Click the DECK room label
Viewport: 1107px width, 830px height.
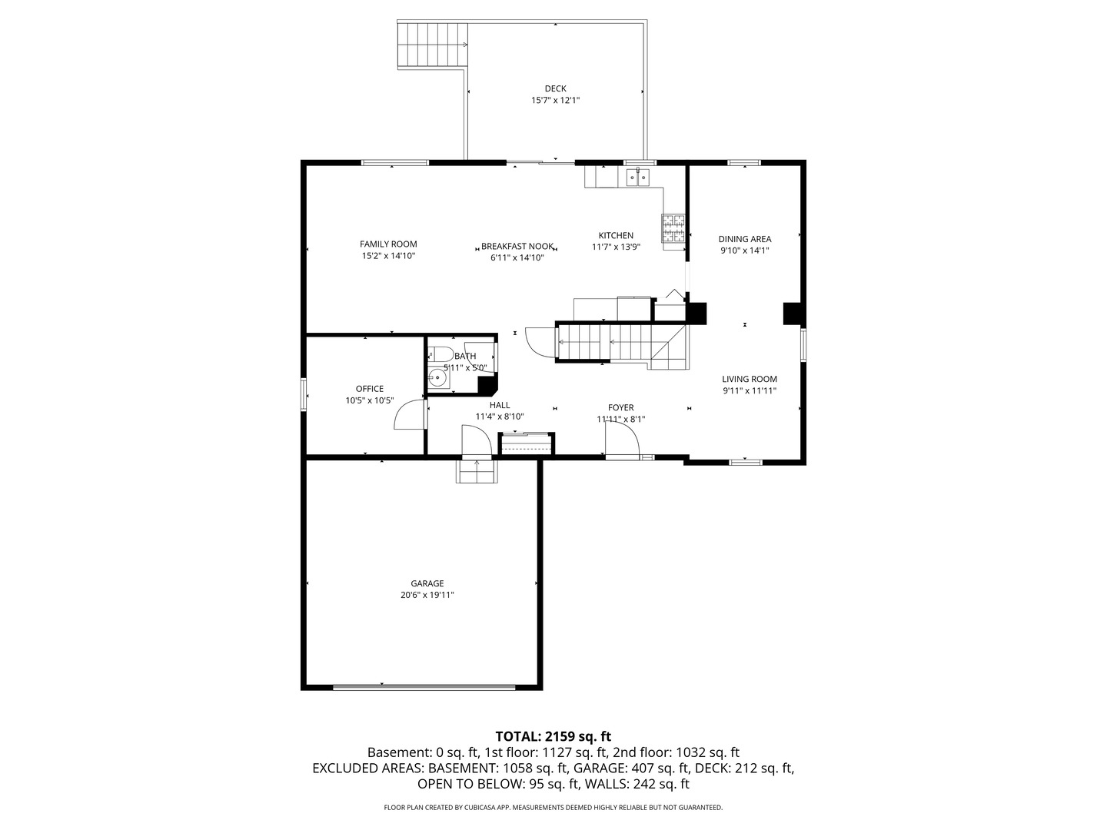tap(555, 88)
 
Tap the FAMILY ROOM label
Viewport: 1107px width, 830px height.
tap(388, 244)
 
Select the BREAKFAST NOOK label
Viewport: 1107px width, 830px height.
tap(517, 247)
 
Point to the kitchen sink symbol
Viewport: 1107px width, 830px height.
tap(637, 178)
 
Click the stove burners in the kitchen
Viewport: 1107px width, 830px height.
tap(673, 228)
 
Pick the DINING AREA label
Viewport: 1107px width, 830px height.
tap(745, 239)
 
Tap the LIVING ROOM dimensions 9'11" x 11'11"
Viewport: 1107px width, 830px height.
tap(750, 391)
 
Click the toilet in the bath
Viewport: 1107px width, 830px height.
tap(440, 354)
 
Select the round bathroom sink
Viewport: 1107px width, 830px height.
tap(438, 377)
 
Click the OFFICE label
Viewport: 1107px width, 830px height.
tap(369, 389)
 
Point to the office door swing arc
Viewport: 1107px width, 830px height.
tap(407, 415)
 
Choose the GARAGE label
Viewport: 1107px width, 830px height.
tap(427, 584)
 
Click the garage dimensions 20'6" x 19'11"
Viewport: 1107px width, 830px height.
tap(427, 595)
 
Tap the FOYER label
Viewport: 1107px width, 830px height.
tap(621, 408)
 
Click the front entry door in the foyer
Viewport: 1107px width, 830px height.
tap(621, 441)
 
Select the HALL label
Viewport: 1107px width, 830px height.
tap(500, 406)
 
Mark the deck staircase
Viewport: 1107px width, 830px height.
tap(432, 45)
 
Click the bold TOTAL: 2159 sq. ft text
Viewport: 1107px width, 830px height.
tap(553, 736)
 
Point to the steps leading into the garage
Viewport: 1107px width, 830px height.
tap(477, 471)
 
